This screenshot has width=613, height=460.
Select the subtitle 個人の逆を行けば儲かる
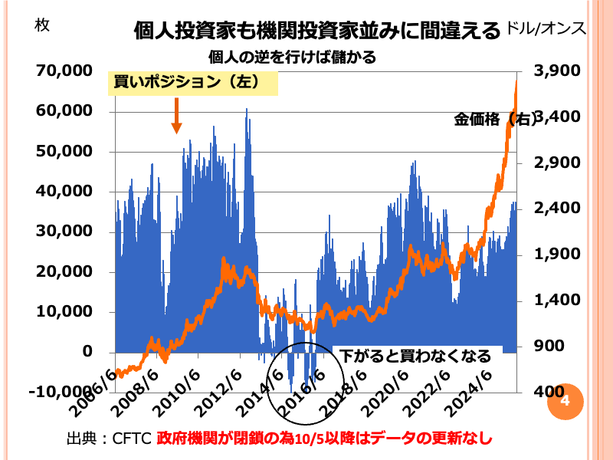coord(293,57)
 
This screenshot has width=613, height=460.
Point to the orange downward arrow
coord(175,118)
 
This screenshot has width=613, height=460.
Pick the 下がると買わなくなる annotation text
coord(415,356)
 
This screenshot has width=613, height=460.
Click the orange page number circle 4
coord(566,402)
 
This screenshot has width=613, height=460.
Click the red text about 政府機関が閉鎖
coord(323,439)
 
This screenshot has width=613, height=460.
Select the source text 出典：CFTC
coord(110,439)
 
